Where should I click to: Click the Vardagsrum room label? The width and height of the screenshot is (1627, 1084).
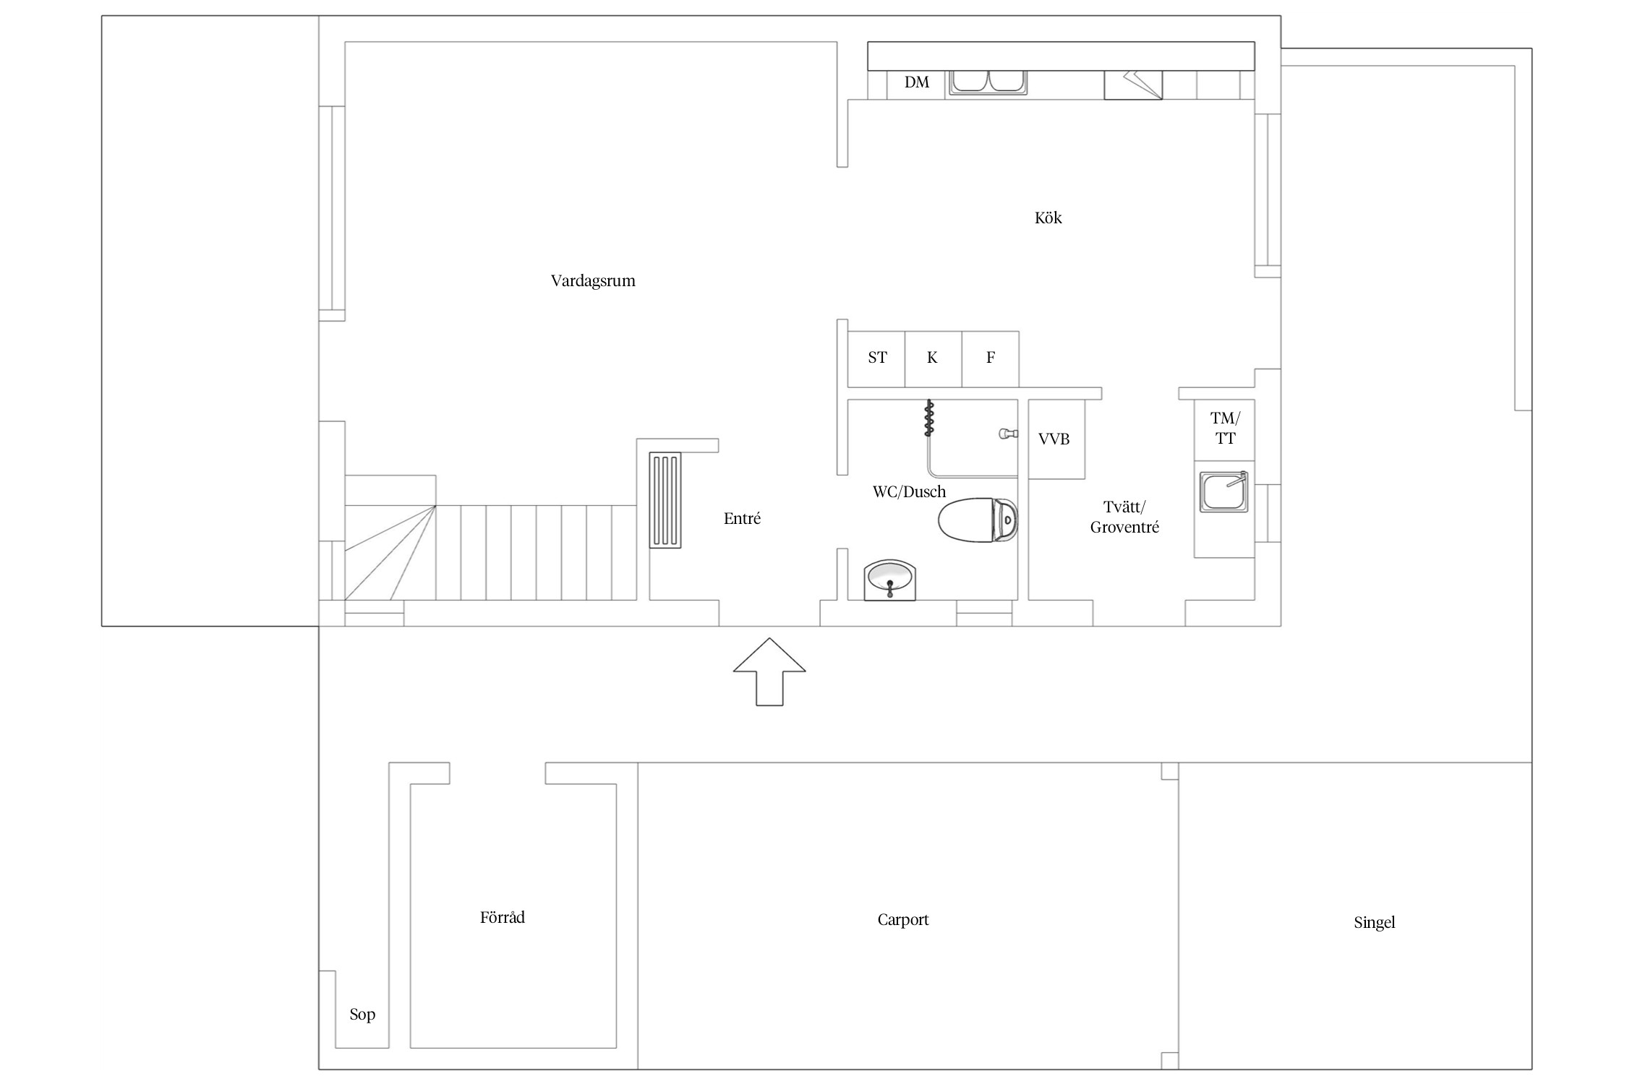click(x=593, y=281)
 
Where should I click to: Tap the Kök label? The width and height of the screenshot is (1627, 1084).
click(x=1048, y=218)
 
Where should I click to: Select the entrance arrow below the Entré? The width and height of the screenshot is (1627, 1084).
click(x=769, y=671)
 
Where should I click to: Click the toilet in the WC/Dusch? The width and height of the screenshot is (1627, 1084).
click(x=978, y=520)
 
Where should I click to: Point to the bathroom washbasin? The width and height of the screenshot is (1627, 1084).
click(x=890, y=580)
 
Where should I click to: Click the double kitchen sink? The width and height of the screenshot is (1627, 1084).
click(x=988, y=82)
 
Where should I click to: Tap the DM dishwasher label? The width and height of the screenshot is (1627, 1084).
click(x=916, y=82)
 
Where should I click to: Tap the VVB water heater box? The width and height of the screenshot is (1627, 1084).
click(x=1056, y=439)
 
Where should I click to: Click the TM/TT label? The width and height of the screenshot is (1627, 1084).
click(x=1225, y=428)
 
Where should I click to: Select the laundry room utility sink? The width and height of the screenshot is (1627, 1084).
click(x=1224, y=492)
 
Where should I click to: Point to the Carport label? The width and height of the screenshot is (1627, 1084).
click(x=902, y=920)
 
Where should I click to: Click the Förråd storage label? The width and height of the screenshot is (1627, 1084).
click(x=503, y=917)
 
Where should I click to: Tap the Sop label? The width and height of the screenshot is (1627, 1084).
click(x=362, y=1015)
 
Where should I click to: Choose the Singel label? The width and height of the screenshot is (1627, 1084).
click(x=1374, y=923)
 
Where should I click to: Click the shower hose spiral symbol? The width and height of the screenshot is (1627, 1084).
click(x=929, y=419)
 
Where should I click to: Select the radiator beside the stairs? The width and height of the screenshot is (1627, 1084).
click(x=665, y=500)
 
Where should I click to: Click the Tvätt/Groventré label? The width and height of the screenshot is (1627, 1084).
click(x=1124, y=517)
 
